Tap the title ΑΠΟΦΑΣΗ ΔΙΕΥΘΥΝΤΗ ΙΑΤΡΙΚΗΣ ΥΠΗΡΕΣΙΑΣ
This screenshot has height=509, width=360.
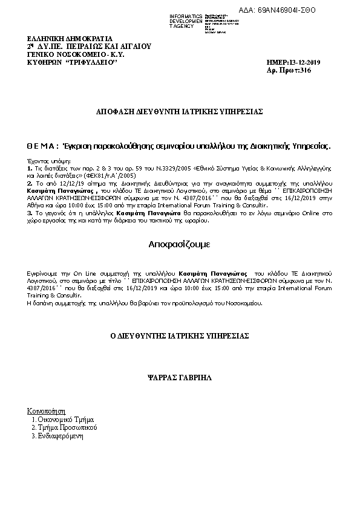point(180,112)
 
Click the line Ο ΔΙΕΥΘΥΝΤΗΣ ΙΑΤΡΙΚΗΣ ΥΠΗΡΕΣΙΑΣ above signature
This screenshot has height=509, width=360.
point(179,336)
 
